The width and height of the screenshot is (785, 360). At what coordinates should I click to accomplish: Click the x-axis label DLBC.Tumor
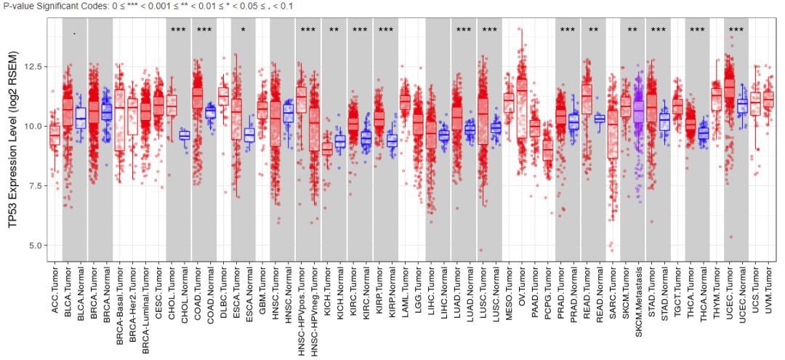(x=224, y=294)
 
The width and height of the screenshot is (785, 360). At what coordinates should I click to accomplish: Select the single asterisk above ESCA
(x=243, y=31)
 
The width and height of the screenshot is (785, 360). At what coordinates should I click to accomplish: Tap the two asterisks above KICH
(x=334, y=31)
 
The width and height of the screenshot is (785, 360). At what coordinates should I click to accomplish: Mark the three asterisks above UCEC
(x=736, y=31)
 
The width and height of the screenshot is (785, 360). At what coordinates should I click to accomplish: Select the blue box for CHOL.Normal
(x=185, y=135)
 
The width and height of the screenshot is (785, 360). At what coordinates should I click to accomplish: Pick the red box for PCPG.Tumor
(x=548, y=149)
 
